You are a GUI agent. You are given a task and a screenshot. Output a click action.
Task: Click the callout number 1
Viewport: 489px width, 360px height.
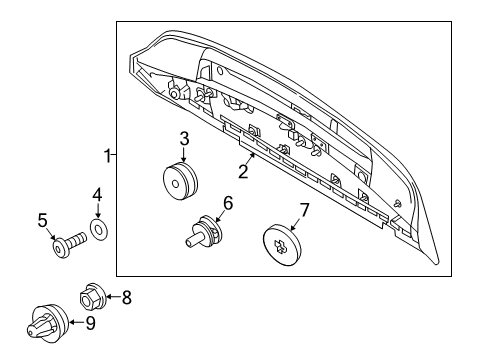click(x=107, y=156)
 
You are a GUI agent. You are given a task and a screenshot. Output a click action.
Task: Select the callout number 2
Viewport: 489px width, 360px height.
click(x=243, y=171)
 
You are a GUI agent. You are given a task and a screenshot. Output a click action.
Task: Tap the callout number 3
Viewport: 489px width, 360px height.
click(x=184, y=139)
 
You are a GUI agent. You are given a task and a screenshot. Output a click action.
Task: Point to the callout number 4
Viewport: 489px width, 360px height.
click(x=97, y=194)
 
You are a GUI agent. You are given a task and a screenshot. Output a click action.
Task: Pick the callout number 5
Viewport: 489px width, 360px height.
click(x=43, y=221)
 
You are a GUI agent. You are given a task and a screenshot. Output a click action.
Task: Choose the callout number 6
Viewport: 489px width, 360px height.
click(x=228, y=203)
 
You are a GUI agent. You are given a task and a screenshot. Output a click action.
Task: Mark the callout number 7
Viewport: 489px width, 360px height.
click(x=305, y=210)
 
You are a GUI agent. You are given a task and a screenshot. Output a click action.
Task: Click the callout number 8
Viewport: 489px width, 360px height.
click(x=127, y=297)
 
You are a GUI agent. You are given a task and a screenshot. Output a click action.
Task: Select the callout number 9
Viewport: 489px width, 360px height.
click(x=90, y=323)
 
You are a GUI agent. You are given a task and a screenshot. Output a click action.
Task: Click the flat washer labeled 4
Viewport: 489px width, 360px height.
click(x=98, y=229)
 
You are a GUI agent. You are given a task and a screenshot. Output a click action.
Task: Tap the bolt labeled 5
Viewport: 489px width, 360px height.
click(x=69, y=244)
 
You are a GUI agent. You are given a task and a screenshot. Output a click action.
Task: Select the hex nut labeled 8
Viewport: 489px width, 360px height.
click(x=92, y=297)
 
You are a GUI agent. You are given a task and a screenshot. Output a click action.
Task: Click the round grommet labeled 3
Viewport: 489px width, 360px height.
click(x=180, y=180)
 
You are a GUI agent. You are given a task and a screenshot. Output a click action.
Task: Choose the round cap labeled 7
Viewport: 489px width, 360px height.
click(x=282, y=245)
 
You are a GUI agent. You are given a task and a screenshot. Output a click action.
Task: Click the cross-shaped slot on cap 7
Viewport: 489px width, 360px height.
click(x=279, y=246)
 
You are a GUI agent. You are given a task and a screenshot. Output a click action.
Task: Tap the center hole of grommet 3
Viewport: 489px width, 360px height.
click(x=175, y=184)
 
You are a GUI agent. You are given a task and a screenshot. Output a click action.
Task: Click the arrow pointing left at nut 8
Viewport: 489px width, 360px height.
click(x=114, y=297)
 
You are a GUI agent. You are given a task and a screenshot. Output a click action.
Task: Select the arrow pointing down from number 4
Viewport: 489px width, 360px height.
click(x=97, y=210)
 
